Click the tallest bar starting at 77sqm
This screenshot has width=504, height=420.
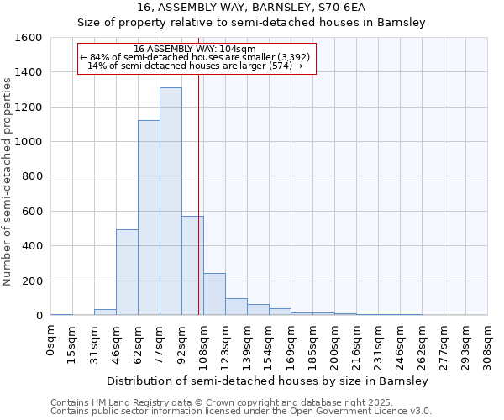(x=171, y=202)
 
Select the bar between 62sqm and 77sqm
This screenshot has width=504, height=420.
(x=149, y=218)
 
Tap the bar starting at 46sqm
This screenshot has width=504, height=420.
(x=127, y=273)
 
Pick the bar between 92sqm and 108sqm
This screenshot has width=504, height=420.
(x=192, y=265)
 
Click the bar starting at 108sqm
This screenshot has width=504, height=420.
(x=214, y=295)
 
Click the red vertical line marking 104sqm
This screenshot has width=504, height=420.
(x=198, y=185)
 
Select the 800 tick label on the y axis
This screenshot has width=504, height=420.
(x=32, y=177)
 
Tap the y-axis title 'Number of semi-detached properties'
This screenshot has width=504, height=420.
(x=8, y=176)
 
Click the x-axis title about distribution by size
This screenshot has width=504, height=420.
(x=268, y=381)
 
